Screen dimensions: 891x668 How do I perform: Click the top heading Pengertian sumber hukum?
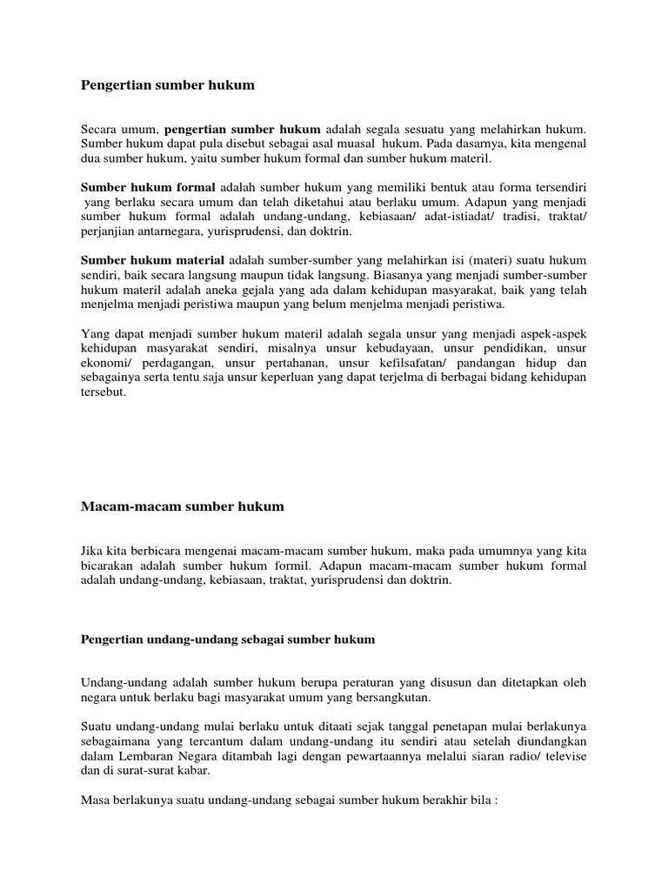pos(168,85)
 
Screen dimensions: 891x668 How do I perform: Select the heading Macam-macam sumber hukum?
pos(183,506)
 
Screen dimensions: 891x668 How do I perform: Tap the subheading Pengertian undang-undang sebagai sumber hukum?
pos(228,640)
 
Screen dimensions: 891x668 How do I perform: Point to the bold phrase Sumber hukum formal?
pos(148,187)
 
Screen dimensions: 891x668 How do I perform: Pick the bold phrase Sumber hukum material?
pos(152,260)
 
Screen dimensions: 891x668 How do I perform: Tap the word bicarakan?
pos(109,566)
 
